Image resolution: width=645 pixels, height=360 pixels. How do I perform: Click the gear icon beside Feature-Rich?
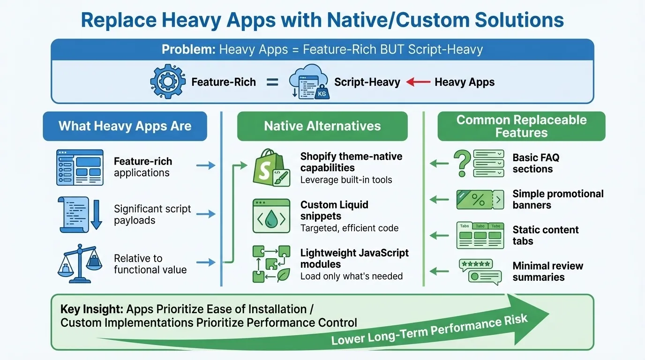167,82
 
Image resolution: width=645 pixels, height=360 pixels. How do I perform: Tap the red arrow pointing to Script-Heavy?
418,82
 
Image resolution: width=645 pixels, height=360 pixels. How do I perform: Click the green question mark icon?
463,163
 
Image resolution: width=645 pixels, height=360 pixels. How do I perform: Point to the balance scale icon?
79,263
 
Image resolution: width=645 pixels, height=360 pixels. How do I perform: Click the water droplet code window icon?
271,216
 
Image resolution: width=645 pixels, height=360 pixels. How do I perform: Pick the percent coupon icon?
480,199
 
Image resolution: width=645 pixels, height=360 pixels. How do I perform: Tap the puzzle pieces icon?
271,264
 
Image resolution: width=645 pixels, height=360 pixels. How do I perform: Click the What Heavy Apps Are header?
125,126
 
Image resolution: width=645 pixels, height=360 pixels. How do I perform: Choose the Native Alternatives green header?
322,126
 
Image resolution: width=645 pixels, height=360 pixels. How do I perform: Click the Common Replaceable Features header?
521,126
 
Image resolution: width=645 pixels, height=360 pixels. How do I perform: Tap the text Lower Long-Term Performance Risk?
429,330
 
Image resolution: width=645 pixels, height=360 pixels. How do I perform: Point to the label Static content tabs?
546,235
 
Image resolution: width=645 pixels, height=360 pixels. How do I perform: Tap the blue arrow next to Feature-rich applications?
205,165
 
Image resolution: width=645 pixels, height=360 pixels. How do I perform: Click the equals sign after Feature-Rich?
272,82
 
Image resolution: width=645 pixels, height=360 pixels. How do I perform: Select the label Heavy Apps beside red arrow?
465,82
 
